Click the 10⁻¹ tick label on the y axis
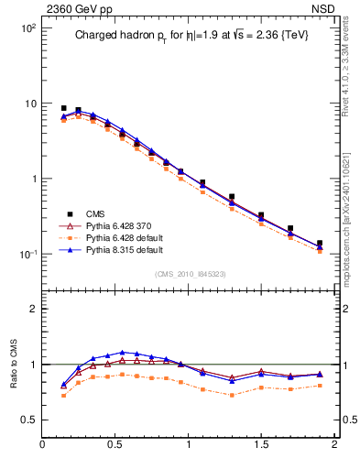coord(27,254)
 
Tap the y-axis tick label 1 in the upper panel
coord(31,179)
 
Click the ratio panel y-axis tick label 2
coord(33,309)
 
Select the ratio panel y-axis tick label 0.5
coord(28,420)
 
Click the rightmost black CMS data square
coord(320,244)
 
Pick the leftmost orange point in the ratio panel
coord(63,396)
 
